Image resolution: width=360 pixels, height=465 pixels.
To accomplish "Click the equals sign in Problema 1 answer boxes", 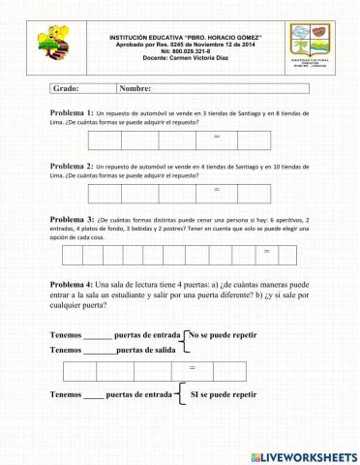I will (x=217, y=139).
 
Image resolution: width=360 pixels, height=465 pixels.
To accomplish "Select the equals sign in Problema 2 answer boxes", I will (x=217, y=191).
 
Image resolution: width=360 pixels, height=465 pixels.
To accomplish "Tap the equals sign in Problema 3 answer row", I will (x=266, y=254).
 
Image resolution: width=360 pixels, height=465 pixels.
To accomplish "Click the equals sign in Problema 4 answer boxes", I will (x=193, y=370).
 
